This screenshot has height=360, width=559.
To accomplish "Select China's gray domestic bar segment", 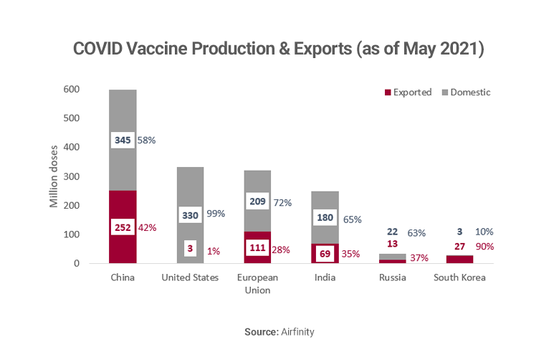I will (123, 115).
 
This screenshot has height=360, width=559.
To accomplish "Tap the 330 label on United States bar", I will (190, 214).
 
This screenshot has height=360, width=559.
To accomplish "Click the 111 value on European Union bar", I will (257, 248).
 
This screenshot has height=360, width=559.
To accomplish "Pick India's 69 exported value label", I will (324, 254).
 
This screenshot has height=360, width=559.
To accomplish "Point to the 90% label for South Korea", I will (484, 247).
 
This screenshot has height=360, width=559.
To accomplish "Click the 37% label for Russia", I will (420, 257).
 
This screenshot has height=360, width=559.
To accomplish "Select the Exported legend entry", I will (408, 93).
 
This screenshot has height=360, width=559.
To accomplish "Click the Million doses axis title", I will (54, 176).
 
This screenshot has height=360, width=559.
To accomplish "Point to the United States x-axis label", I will (190, 278).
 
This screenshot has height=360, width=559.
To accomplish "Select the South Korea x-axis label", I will (459, 278).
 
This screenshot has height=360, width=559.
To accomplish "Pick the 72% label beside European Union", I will (282, 203).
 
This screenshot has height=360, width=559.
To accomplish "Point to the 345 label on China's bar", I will (122, 140).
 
